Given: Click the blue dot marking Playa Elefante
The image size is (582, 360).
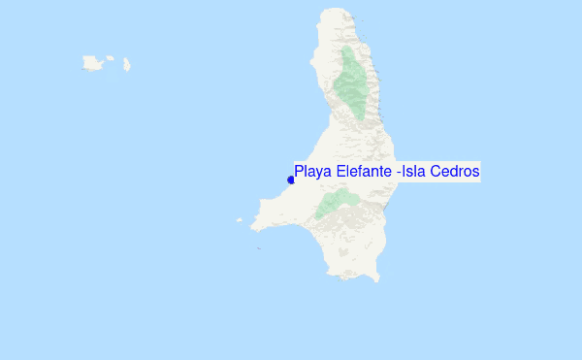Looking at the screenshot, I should pyautogui.click(x=291, y=180).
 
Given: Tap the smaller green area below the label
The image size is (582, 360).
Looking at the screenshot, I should pyautogui.click(x=336, y=203).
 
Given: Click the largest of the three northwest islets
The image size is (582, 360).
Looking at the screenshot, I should pyautogui.click(x=93, y=64).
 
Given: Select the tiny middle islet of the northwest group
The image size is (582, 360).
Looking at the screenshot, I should pyautogui.click(x=111, y=58).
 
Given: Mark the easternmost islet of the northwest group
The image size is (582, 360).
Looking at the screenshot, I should pyautogui.click(x=127, y=66).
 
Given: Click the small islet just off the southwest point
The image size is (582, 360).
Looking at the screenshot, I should pyautogui.click(x=240, y=219).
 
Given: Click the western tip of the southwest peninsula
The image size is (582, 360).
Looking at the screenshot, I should pyautogui.click(x=252, y=227).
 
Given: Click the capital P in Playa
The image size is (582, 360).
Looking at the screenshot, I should pyautogui.click(x=300, y=172).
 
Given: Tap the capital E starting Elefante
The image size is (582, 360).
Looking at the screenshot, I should pyautogui.click(x=341, y=172).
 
